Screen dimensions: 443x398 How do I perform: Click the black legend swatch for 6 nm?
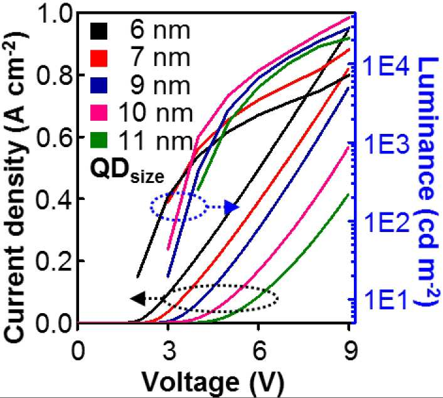click(x=99, y=31)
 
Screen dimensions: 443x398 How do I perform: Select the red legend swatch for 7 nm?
click(x=99, y=58)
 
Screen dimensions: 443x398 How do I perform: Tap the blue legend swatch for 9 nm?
click(x=99, y=86)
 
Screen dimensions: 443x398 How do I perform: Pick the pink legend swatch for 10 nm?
click(x=99, y=113)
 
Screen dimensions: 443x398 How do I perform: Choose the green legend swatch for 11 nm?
click(x=99, y=140)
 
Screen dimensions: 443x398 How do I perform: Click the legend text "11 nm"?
click(x=155, y=140)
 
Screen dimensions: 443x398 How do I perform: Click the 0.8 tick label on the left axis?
click(x=54, y=75)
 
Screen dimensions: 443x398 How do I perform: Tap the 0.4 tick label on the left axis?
click(x=54, y=199)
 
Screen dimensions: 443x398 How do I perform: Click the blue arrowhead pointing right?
click(x=232, y=207)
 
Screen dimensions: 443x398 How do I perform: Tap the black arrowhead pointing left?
click(x=138, y=299)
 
